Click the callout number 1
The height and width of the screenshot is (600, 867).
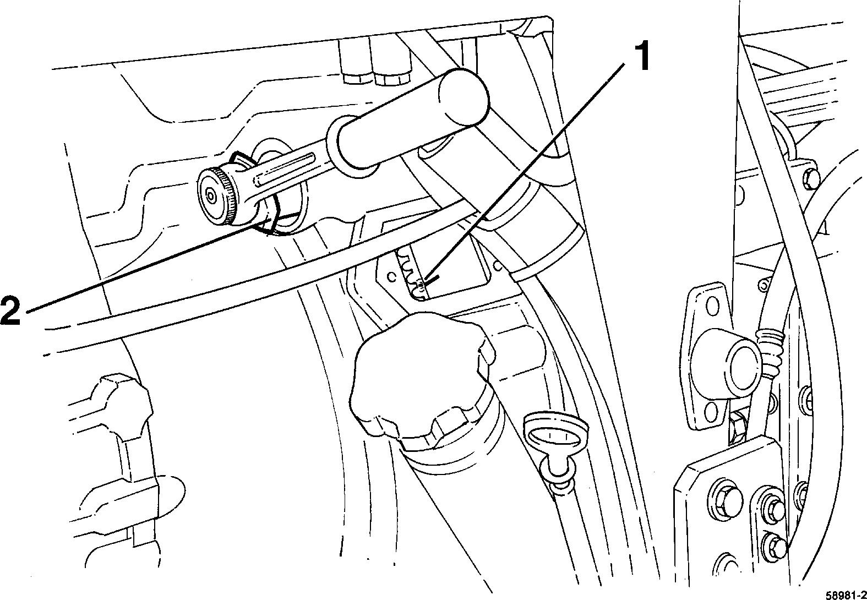639,58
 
